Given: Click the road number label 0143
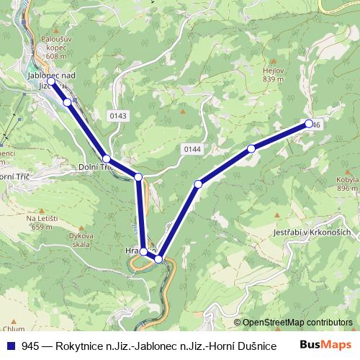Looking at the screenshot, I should tap(119, 115).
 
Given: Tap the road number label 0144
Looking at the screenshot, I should tap(190, 148).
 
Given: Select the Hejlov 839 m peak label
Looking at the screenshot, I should tap(274, 75).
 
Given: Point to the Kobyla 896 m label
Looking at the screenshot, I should tap(346, 184).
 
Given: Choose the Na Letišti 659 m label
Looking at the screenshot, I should tap(42, 222).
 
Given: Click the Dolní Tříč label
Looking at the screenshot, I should tap(94, 166).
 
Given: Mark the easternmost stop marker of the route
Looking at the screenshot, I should tap(309, 124).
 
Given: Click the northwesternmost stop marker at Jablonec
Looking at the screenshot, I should tap(52, 82).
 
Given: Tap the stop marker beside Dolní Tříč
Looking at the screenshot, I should tap(107, 158).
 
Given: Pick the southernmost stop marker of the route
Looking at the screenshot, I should tap(158, 259).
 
